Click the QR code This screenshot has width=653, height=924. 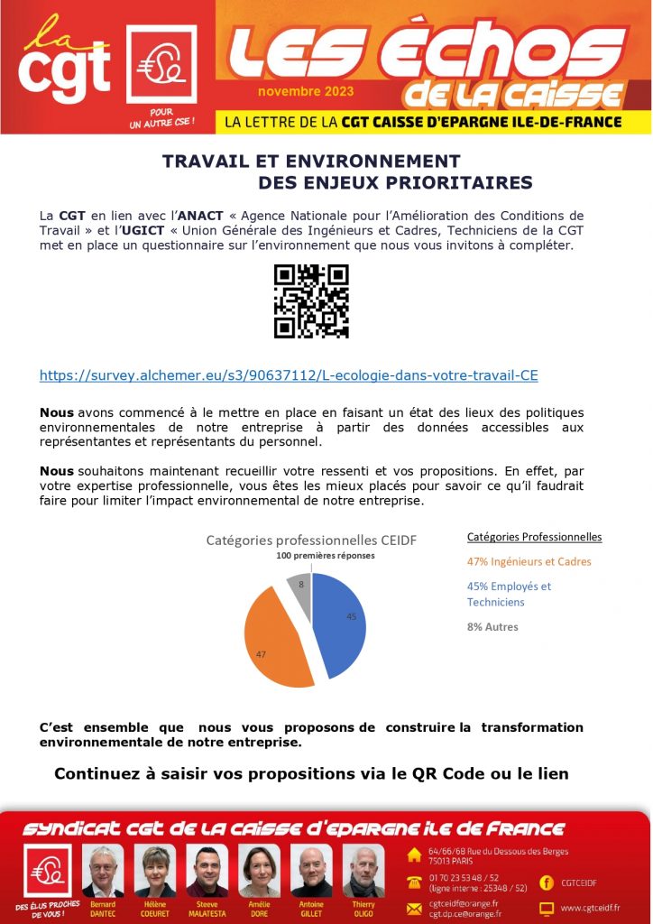[311, 301]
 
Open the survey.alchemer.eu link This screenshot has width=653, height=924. [289, 374]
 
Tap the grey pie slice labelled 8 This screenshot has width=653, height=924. [299, 587]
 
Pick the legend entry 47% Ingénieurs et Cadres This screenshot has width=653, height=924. [529, 561]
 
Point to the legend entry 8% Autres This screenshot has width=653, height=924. [492, 626]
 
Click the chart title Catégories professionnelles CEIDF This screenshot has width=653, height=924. [312, 540]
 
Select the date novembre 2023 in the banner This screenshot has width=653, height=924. [306, 92]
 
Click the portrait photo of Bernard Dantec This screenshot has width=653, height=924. [103, 871]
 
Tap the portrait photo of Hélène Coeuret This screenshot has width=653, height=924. [155, 871]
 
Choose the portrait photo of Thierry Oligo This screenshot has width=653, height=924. [363, 871]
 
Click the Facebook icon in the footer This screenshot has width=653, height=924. [547, 882]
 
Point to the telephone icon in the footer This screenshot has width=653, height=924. [414, 882]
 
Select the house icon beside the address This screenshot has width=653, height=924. [414, 854]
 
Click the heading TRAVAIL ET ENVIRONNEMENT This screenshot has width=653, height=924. [310, 162]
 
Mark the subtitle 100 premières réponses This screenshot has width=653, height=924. [325, 556]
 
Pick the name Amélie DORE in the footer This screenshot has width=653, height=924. [259, 909]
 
